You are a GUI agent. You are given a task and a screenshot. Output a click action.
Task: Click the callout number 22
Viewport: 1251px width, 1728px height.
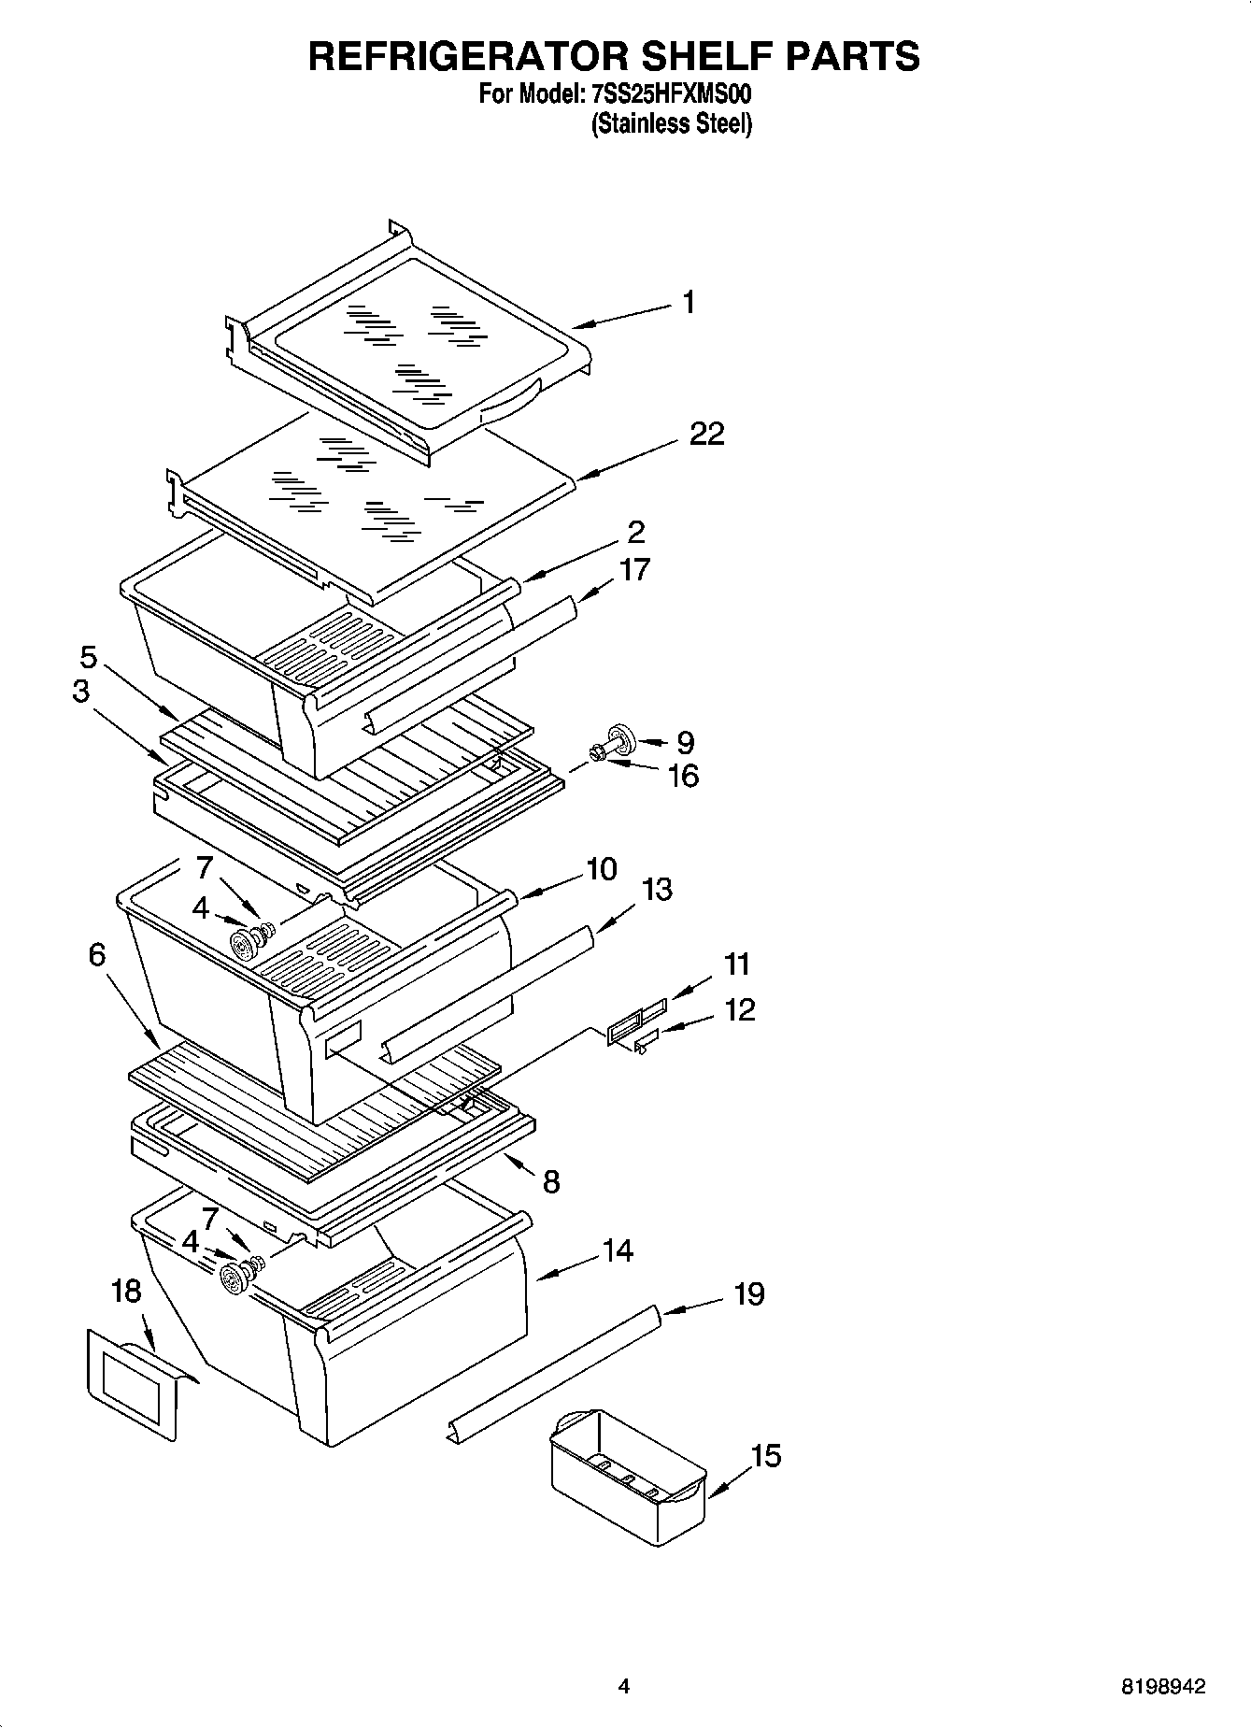pos(707,435)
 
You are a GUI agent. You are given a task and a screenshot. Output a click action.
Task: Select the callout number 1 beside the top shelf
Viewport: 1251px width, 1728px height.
pos(689,303)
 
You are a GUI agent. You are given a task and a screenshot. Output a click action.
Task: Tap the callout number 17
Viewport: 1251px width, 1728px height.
pos(634,570)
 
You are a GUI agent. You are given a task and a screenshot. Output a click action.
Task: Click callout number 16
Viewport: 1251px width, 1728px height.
pos(684,777)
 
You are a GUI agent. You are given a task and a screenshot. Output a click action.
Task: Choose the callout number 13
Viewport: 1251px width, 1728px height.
pos(657,890)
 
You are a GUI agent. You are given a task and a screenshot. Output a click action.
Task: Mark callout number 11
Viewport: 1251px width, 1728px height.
pos(738,964)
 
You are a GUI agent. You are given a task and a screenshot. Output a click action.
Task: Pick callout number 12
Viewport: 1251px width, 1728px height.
pos(739,1010)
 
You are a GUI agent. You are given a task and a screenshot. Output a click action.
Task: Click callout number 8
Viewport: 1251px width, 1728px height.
pos(551,1182)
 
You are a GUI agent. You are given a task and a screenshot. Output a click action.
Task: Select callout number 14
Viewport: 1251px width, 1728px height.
pos(618,1250)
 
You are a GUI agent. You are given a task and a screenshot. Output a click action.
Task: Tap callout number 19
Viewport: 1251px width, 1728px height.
pos(749,1294)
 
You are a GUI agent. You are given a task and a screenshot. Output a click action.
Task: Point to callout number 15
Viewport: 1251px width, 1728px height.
pos(765,1456)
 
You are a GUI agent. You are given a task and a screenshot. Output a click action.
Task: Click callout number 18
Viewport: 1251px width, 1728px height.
pos(126,1292)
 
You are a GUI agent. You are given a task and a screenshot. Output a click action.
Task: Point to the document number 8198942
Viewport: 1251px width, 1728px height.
pos(1163,1687)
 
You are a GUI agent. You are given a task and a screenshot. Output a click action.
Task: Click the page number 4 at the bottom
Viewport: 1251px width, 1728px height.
pos(623,1687)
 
